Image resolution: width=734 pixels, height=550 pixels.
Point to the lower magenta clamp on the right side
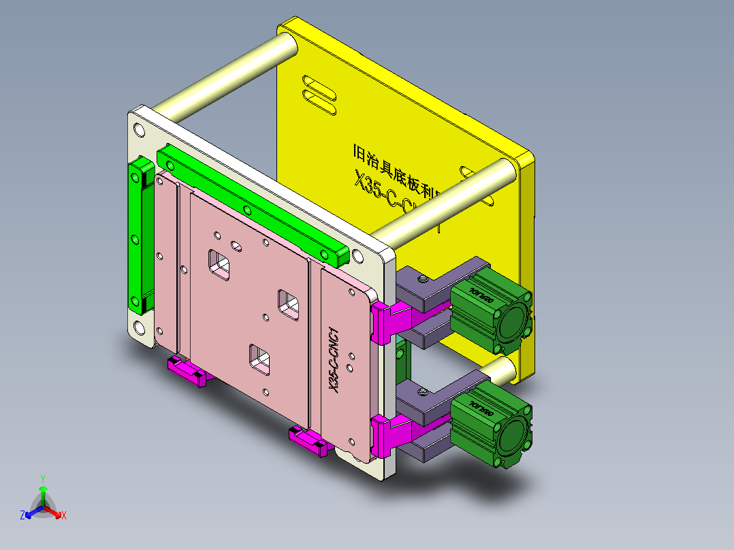point(391,436)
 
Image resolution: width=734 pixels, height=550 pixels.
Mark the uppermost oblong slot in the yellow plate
point(317,85)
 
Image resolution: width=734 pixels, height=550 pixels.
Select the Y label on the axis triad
point(42,479)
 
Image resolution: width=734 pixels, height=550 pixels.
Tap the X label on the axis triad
point(64,516)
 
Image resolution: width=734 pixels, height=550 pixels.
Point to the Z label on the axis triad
point(22,516)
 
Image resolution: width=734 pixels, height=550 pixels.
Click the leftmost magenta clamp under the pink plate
point(187,372)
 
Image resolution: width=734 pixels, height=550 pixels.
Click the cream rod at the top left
point(225,76)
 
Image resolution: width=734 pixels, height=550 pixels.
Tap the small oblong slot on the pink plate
point(237,244)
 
